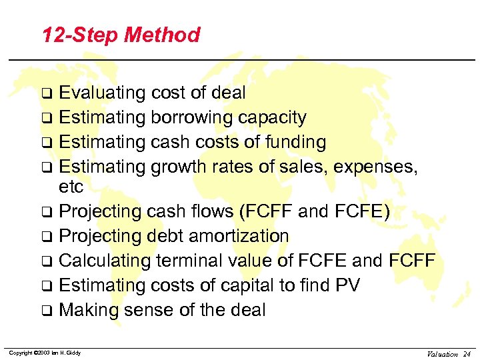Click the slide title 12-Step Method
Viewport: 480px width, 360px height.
coord(121,35)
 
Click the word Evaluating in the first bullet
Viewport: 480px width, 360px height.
coord(102,93)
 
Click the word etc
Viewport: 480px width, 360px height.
coord(71,187)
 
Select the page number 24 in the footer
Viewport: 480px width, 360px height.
coord(467,353)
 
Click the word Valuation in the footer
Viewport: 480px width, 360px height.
coord(439,353)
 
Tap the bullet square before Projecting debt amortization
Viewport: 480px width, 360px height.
coord(49,237)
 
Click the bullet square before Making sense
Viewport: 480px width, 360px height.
coord(49,311)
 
